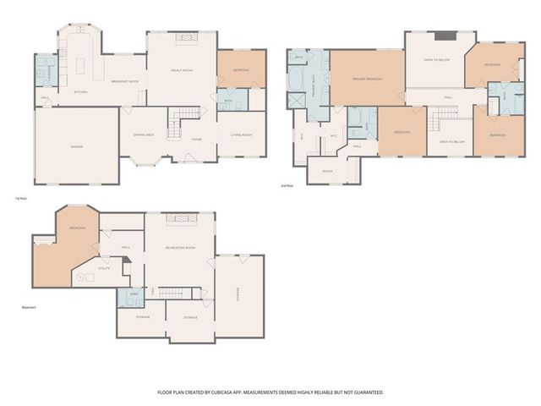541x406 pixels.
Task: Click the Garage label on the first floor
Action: point(76,147)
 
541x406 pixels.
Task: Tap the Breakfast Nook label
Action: point(125,81)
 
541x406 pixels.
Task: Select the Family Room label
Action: point(182,70)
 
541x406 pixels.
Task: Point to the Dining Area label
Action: point(143,134)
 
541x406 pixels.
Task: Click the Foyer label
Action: point(196,140)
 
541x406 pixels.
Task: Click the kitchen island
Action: point(83,63)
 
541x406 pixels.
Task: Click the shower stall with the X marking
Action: point(297,100)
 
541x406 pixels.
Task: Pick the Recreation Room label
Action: point(179,246)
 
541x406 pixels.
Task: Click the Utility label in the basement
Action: point(103,268)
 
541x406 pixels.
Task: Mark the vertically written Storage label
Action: point(238,295)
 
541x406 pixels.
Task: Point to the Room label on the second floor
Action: point(327,171)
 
